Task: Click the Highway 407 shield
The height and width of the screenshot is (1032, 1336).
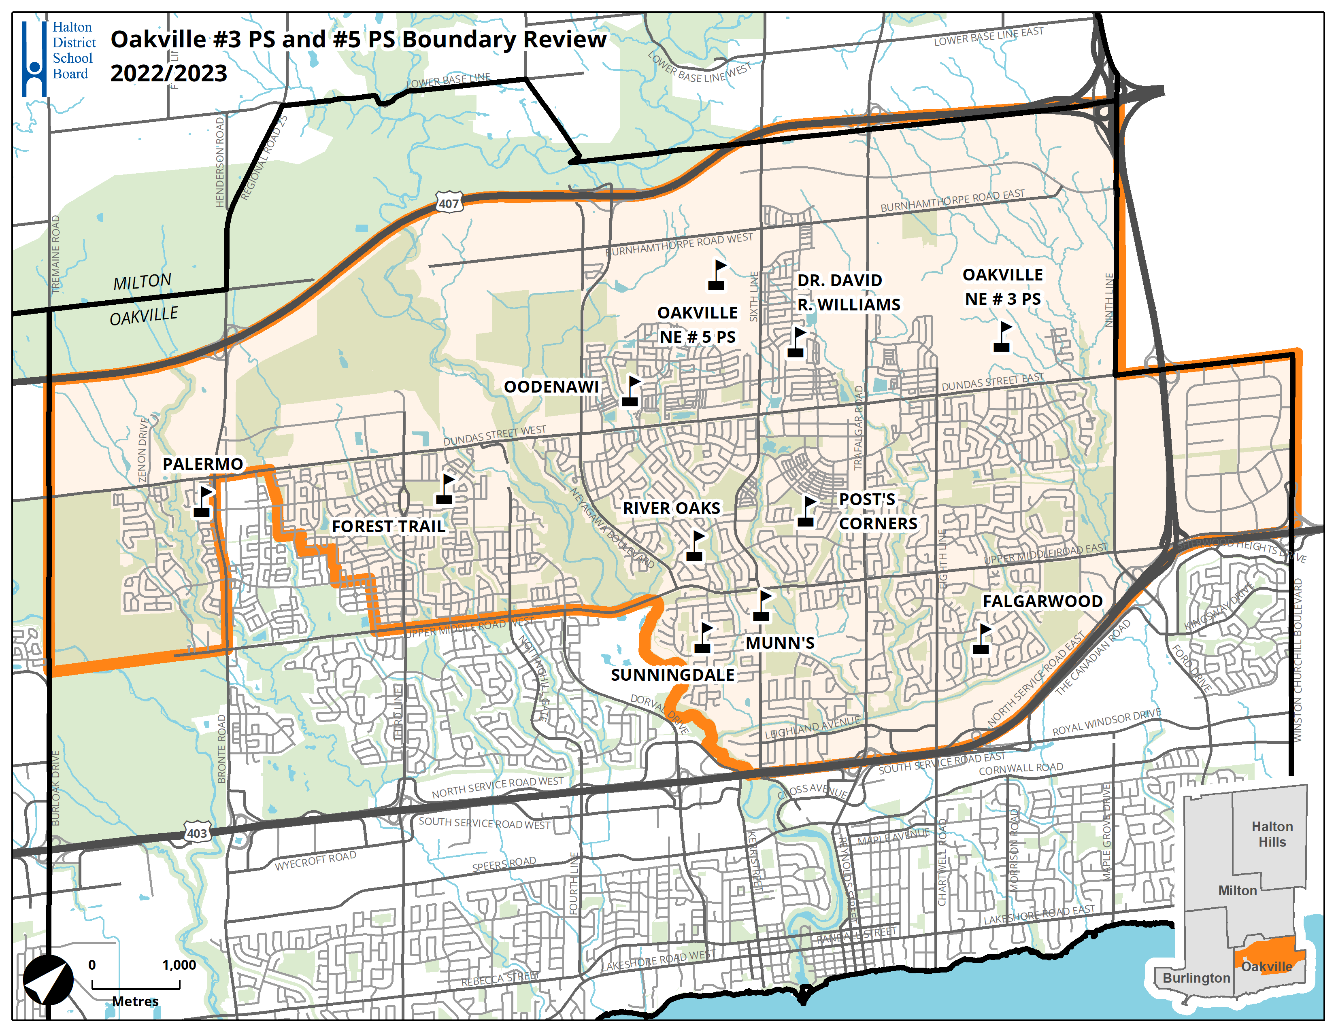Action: point(449,203)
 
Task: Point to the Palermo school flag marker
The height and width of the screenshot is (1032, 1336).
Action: point(203,501)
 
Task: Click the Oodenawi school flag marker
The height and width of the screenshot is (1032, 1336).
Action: point(631,391)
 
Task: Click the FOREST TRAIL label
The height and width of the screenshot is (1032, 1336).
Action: point(388,527)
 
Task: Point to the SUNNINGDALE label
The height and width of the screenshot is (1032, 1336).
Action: point(672,675)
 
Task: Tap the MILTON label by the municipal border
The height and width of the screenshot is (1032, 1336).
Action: point(142,282)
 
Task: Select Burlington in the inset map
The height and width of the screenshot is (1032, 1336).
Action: point(1196,978)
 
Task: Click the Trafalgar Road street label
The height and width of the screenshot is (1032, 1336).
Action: point(858,428)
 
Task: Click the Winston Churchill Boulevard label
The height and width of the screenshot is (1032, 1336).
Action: point(1298,660)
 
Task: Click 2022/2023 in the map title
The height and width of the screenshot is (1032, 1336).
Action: point(168,73)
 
